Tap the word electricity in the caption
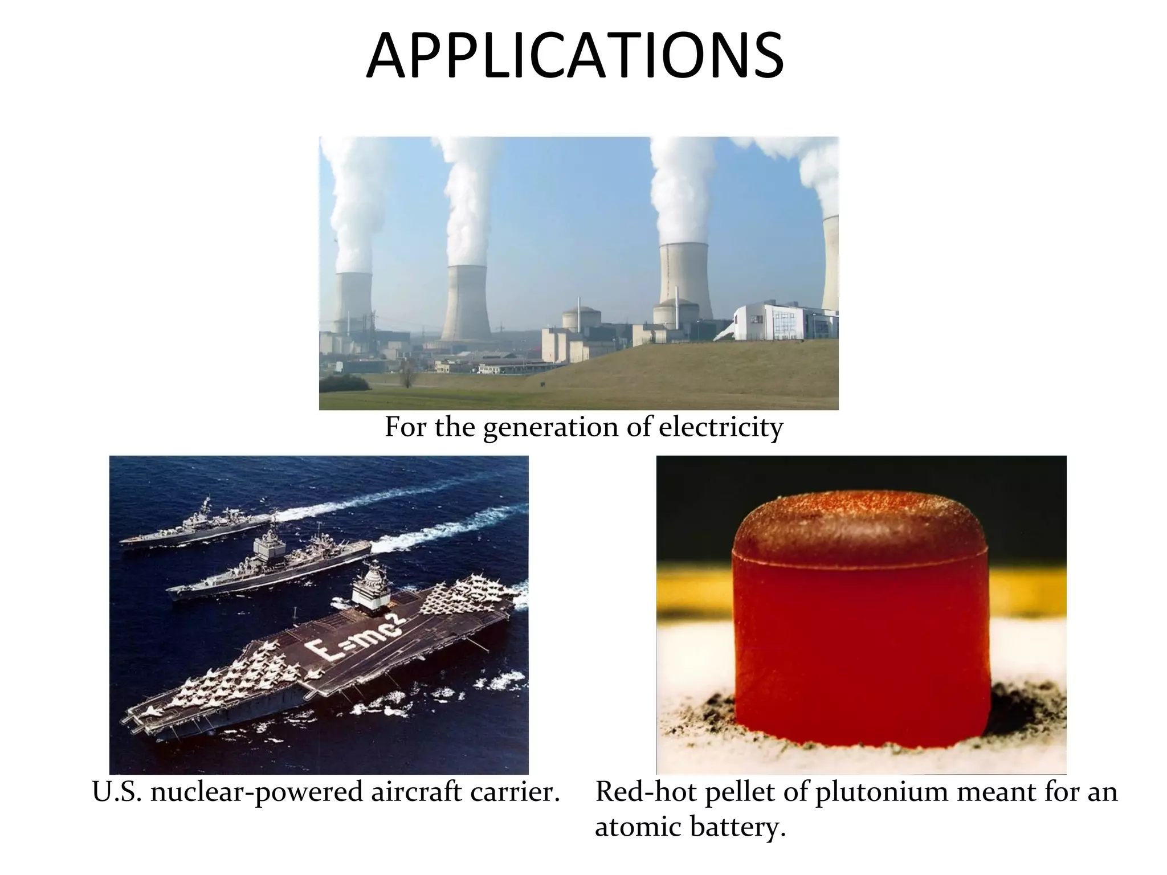721,427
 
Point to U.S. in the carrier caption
117,792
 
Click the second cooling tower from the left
466,302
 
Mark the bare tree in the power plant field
407,373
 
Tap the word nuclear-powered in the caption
257,792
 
